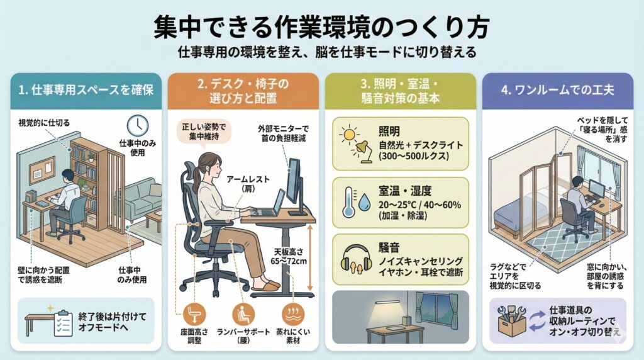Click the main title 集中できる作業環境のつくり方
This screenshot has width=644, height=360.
[x=321, y=28]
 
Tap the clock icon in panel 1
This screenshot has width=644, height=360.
[x=136, y=125]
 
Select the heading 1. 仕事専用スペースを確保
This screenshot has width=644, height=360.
[x=86, y=89]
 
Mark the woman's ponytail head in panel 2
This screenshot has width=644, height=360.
[x=207, y=165]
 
